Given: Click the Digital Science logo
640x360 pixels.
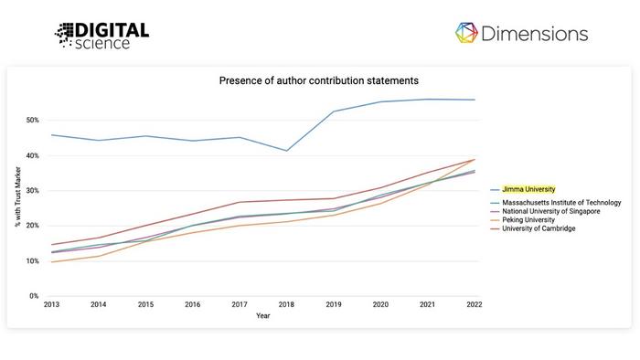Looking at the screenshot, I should (x=101, y=35).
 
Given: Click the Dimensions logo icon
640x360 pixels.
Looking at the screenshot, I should (x=467, y=34).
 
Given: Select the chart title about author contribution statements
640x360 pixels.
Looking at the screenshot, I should (x=318, y=80).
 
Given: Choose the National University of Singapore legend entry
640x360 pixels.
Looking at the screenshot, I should (x=551, y=211).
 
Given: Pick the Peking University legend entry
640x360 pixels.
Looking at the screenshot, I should (x=528, y=220).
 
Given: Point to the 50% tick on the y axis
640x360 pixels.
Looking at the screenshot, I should (x=32, y=121).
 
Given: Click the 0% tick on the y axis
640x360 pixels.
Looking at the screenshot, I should (x=34, y=296).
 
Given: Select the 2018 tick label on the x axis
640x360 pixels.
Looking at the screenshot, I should (x=285, y=305).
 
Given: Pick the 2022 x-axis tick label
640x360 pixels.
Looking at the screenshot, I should (x=474, y=305).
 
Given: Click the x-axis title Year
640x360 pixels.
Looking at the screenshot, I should (x=262, y=315).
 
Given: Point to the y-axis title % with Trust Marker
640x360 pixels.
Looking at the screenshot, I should (x=17, y=208).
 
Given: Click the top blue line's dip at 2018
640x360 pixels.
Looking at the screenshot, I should (x=285, y=151).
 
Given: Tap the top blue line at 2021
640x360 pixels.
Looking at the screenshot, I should (x=427, y=99).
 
